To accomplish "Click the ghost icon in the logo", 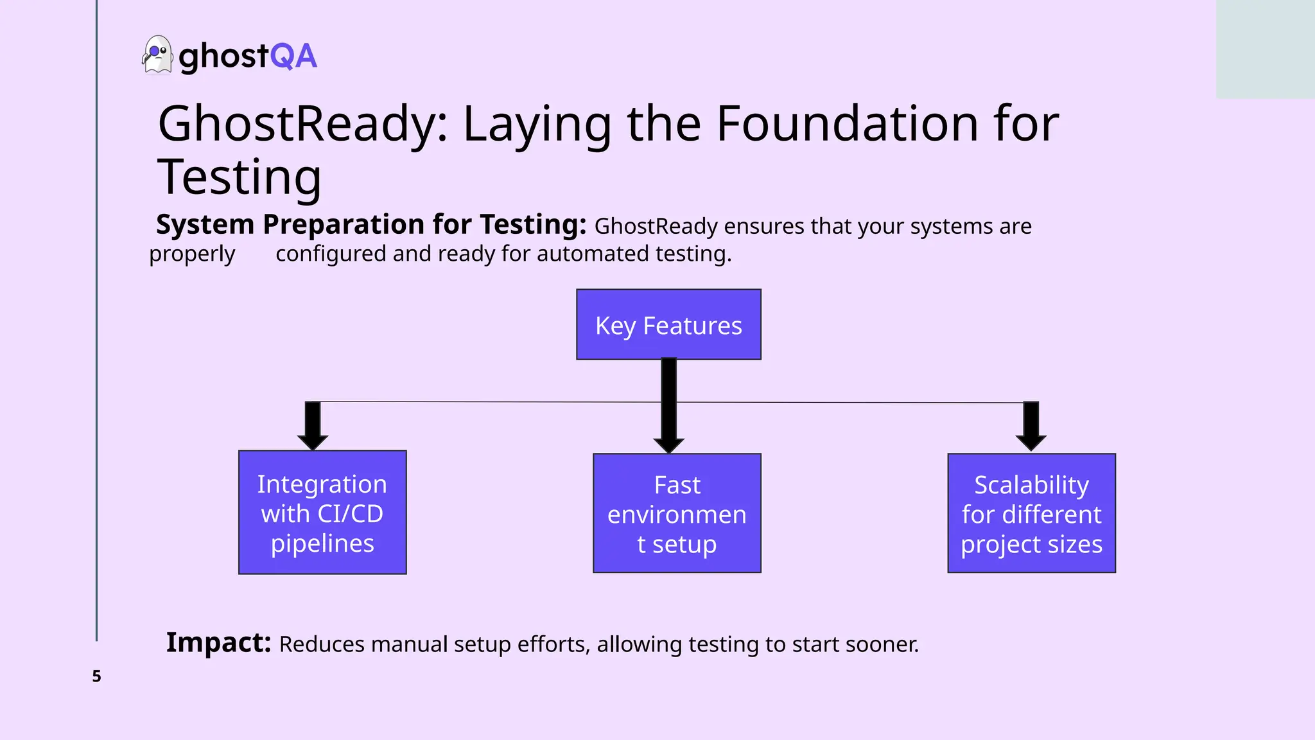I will point(157,55).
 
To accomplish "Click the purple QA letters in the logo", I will point(293,57).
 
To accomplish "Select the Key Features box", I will point(668,324).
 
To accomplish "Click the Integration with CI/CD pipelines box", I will point(322,513).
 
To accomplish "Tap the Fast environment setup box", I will point(677,513).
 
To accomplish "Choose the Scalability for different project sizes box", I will point(1031,513).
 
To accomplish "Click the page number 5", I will point(96,676).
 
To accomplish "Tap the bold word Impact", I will point(218,642).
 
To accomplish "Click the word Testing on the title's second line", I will point(239,177).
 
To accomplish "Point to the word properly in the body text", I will point(192,254).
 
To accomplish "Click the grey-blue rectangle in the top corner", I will point(1265,49).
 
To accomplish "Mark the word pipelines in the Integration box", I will point(322,543).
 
